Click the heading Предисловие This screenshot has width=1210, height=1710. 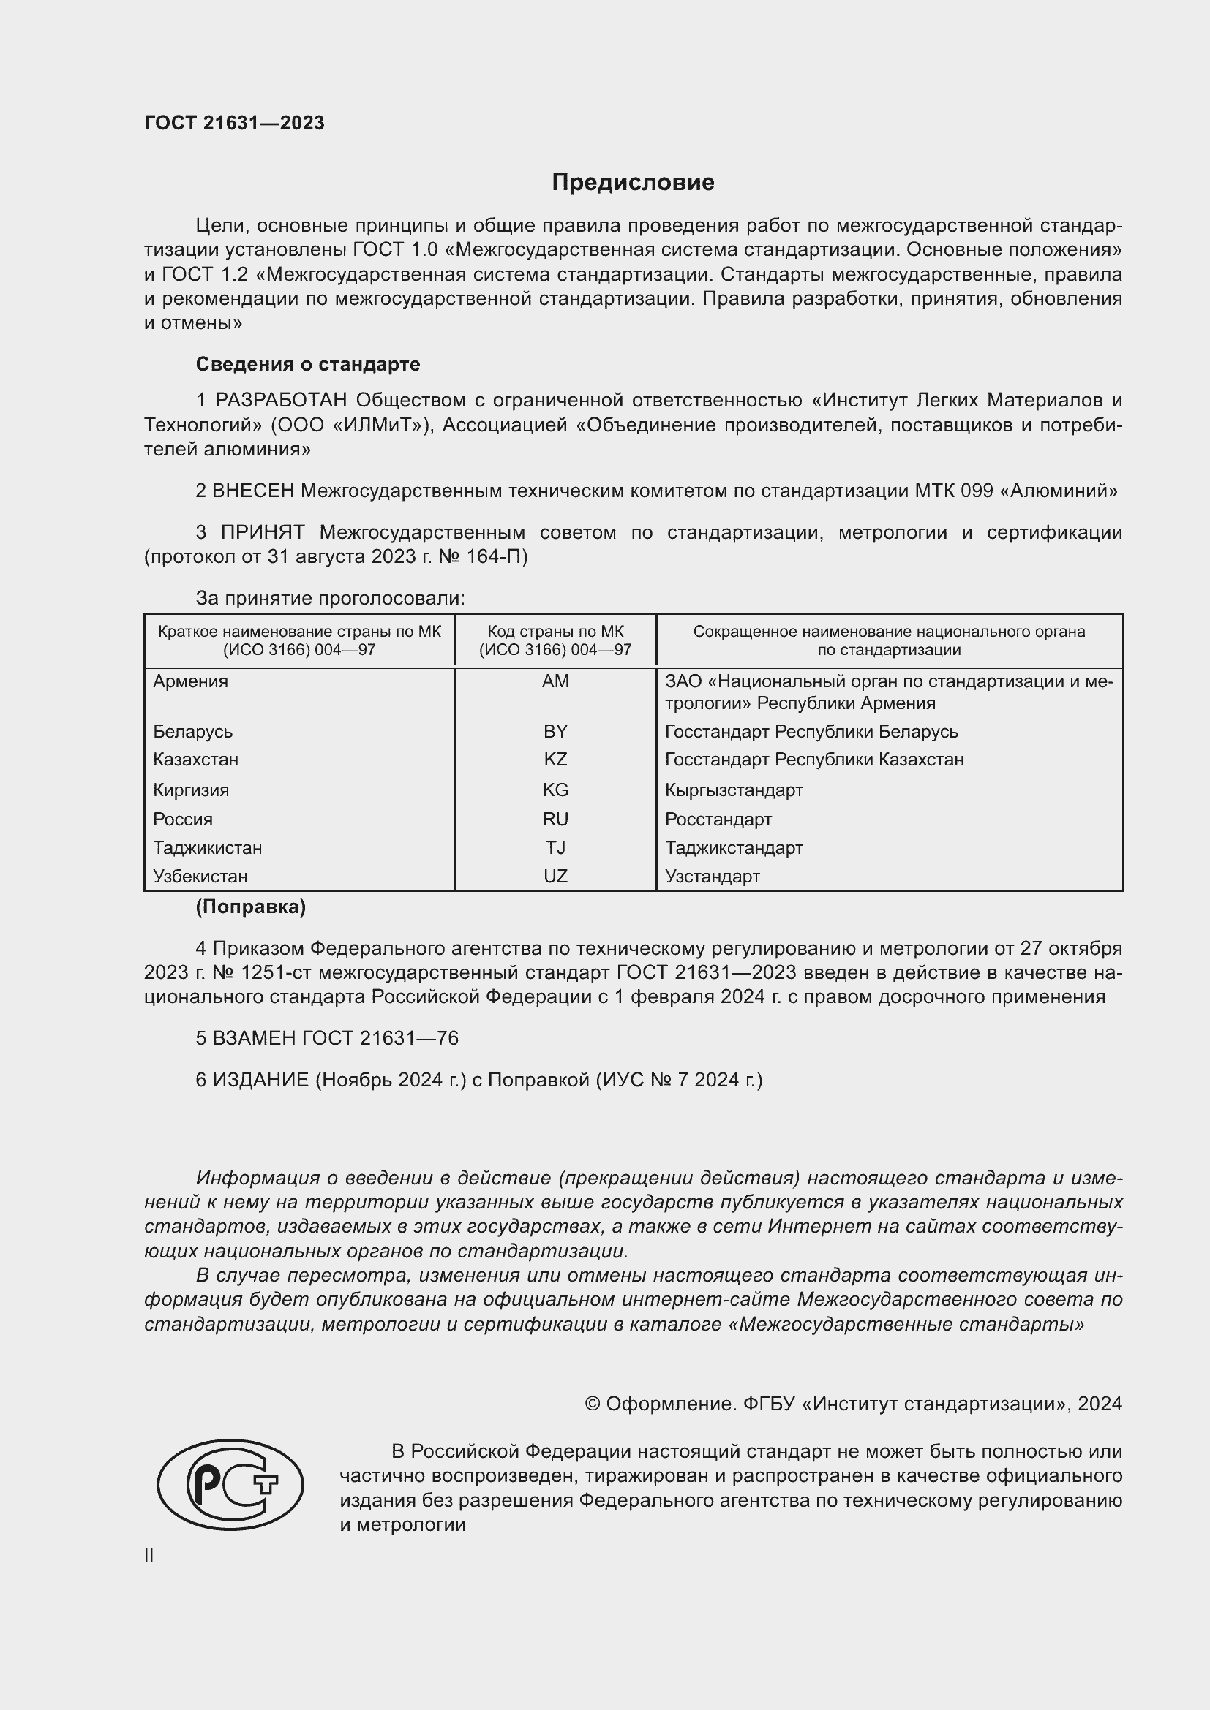(633, 183)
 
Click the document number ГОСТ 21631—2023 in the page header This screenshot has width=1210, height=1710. (234, 123)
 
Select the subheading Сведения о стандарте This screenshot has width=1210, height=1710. (308, 364)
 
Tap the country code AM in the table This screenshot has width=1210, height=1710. (555, 681)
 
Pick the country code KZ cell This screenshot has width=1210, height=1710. (555, 759)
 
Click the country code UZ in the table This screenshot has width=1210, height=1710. (555, 876)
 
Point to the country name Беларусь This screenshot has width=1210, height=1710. (193, 731)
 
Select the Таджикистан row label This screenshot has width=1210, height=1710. (208, 847)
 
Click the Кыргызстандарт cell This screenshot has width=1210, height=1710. (734, 790)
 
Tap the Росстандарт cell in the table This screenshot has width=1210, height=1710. (718, 820)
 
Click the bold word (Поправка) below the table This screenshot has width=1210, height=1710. (250, 907)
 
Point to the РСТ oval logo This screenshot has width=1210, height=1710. (230, 1484)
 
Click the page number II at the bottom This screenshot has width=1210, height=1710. (149, 1555)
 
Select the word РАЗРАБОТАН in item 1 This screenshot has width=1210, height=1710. (281, 401)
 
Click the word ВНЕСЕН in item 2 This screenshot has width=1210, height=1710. (253, 491)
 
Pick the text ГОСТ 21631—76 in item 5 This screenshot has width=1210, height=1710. (380, 1038)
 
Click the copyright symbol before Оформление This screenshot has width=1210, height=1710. (593, 1404)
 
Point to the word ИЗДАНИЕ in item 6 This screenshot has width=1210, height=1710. (260, 1080)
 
